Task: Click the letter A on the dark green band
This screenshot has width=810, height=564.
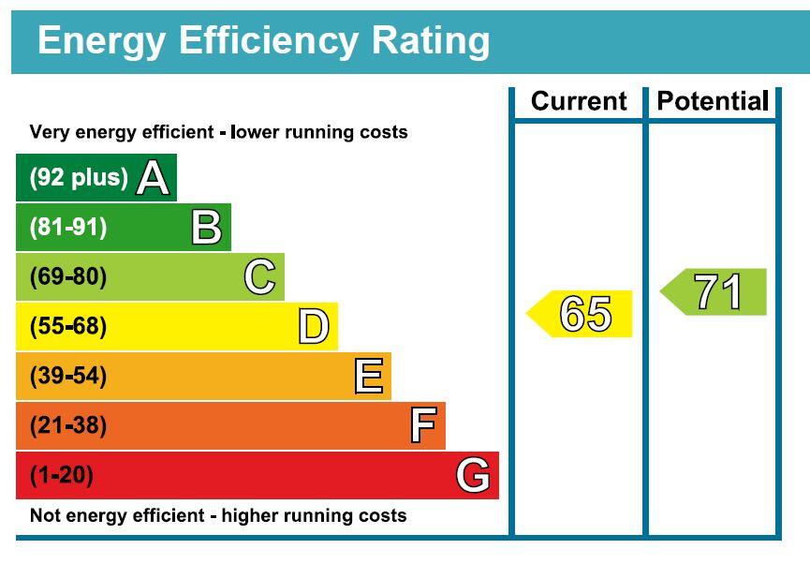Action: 153,177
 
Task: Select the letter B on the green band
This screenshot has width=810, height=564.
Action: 207,227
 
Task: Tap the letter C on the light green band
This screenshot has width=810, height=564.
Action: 259,276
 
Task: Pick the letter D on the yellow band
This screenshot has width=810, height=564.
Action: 314,326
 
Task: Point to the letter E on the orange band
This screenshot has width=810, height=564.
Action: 369,376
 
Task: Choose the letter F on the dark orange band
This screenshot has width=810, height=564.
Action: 423,425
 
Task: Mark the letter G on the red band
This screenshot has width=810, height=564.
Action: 473,475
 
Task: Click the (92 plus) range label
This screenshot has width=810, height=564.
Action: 79,178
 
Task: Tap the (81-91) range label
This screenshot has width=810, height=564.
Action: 68,228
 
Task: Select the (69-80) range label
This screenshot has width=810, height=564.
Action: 68,277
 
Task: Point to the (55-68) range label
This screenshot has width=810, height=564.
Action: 68,327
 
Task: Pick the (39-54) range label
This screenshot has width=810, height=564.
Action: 68,377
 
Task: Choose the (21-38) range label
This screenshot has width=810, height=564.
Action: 68,426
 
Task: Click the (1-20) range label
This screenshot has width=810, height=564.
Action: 62,476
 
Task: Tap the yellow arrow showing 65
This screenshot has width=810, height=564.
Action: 579,314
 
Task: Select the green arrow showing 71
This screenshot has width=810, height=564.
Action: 714,292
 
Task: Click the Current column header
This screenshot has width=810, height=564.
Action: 579,101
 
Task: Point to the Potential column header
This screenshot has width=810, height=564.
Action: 713,101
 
